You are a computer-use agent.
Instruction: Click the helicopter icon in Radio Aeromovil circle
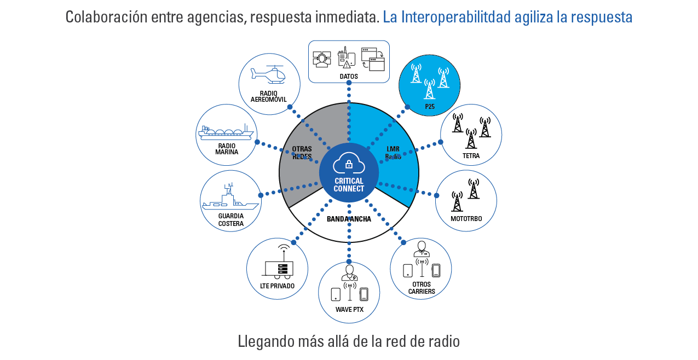(x=268, y=74)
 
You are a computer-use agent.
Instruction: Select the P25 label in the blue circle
(x=430, y=107)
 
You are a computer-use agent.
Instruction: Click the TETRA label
(x=471, y=156)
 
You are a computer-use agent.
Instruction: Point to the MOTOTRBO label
(x=466, y=218)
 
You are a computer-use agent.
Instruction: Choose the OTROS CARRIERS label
(x=422, y=288)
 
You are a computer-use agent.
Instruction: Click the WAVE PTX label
(x=349, y=310)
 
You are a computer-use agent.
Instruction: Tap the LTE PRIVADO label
(x=277, y=286)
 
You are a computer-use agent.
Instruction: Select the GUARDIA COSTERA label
(x=230, y=219)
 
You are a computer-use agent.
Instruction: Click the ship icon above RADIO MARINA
(x=226, y=132)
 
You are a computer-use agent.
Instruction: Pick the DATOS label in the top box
(x=349, y=77)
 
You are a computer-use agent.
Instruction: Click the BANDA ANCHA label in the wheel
(x=349, y=219)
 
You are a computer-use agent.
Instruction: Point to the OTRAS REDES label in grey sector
(x=302, y=153)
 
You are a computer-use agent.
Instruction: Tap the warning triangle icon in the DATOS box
(x=346, y=65)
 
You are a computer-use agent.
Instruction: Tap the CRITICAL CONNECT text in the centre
(x=349, y=185)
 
